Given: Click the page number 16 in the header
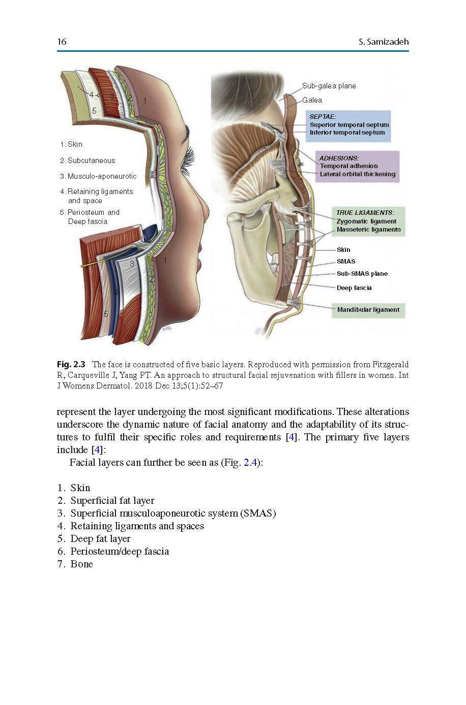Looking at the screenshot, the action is click(x=62, y=42).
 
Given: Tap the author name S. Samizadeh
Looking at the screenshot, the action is click(x=384, y=42).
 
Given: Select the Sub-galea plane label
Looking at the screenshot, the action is click(x=329, y=86).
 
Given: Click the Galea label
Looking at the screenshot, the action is click(x=312, y=100).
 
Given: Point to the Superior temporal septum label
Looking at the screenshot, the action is click(x=349, y=124).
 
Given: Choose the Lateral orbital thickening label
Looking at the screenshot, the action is click(x=358, y=174).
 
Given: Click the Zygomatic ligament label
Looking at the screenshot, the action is click(x=366, y=221).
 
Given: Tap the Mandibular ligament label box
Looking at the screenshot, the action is click(x=368, y=310).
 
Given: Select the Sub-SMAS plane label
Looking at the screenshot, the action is click(x=362, y=273).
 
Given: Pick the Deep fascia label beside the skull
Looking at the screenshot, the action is click(x=354, y=287).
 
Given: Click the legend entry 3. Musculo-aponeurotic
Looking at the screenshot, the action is click(x=98, y=176).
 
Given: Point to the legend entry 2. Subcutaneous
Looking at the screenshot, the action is click(x=88, y=161).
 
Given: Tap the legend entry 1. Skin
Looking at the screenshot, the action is click(x=71, y=144).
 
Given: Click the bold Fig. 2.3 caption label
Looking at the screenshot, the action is click(x=71, y=365).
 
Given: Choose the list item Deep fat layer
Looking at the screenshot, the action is click(x=100, y=538).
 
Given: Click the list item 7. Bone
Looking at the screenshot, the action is click(x=75, y=564).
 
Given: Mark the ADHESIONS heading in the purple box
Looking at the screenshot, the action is click(x=339, y=158).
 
